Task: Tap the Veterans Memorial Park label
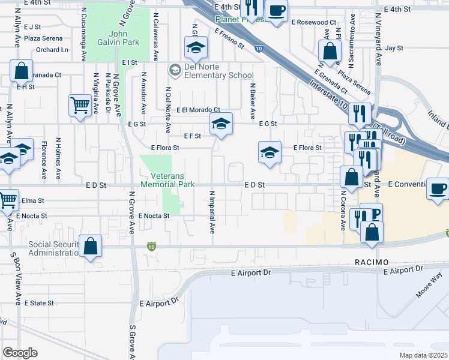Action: tap(167, 180)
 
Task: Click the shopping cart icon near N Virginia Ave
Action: tap(79, 106)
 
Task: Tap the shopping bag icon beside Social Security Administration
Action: tap(90, 246)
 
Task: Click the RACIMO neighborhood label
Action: tap(372, 262)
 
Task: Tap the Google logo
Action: tap(20, 353)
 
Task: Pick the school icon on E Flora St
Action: tap(270, 152)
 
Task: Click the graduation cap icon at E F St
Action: tap(220, 125)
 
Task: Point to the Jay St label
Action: tap(394, 48)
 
